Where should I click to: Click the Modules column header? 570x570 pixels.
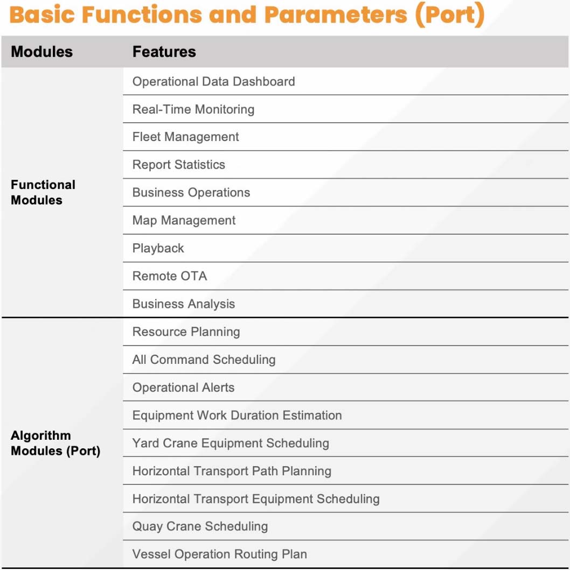point(41,52)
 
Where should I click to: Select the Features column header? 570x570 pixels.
point(164,52)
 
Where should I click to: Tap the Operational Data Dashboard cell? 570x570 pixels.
point(213,82)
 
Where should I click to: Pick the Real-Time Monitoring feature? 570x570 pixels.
point(193,109)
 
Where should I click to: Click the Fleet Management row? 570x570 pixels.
point(185,137)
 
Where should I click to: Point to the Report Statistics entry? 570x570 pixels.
point(178,165)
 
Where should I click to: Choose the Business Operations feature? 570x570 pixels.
point(191,193)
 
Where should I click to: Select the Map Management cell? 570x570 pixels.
point(184,221)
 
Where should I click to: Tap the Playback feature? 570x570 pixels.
point(158,248)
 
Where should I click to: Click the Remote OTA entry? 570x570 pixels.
point(169,276)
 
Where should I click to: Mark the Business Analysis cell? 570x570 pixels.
point(183,304)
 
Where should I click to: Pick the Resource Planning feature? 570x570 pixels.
point(186,332)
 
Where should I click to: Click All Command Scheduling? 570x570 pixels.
point(204,360)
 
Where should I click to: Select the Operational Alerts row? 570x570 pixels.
point(183,388)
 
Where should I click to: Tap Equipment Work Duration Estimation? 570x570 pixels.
point(237,416)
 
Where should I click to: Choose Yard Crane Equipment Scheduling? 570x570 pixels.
point(231,444)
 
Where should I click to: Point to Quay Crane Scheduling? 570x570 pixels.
point(200,526)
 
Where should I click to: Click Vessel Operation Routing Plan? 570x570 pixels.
point(219,554)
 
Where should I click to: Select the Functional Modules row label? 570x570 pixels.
point(43,192)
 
